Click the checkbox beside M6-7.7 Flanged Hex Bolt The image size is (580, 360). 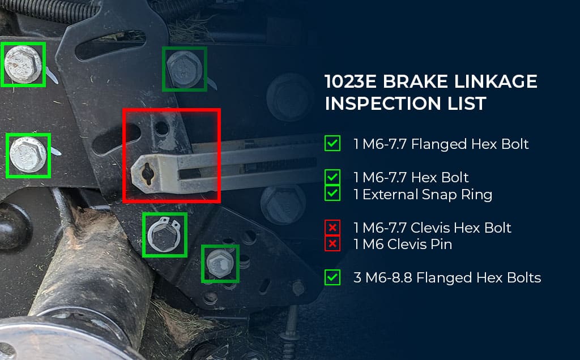pos(332,143)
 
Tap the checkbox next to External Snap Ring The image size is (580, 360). pos(332,193)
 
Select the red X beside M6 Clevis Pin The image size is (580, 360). pos(332,243)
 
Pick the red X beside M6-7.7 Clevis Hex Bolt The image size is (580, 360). pos(332,228)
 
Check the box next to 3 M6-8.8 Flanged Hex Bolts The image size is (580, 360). pos(332,277)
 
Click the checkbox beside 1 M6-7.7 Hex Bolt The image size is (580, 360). pos(332,177)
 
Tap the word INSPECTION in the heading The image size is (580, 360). pos(382,104)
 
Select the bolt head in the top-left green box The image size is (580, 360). pos(23,65)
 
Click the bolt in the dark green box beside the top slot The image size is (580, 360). pos(184,69)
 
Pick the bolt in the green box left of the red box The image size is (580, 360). pos(28,155)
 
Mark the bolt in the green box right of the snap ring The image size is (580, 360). pos(220,264)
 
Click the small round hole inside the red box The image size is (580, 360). pos(161,128)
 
